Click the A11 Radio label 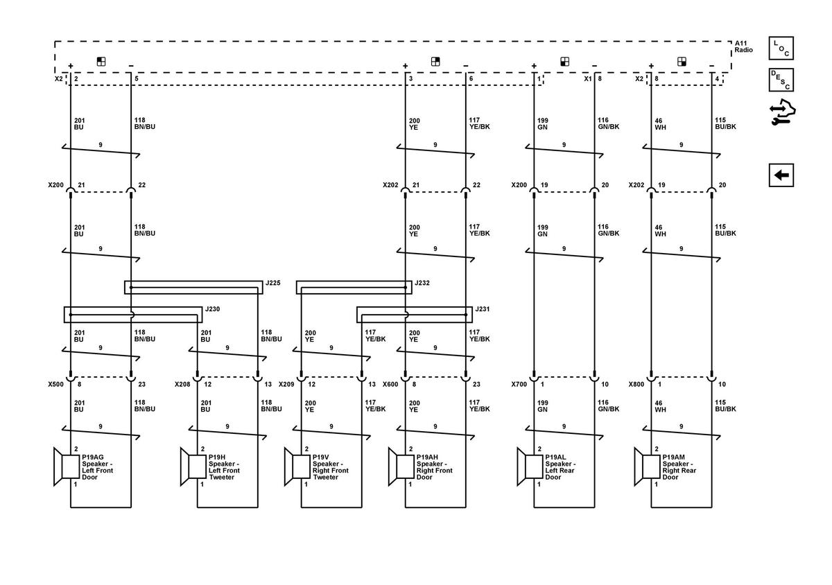coord(743,47)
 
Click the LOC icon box coord(781,49)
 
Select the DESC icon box coord(781,80)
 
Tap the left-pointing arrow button coord(781,175)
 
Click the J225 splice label coord(272,283)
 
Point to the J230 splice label coord(212,309)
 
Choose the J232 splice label coord(422,283)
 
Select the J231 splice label coord(482,309)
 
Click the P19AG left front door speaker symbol coord(67,466)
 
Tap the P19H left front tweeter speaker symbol coord(193,466)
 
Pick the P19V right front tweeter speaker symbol coord(297,466)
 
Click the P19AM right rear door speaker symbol coord(648,466)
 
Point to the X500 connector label coord(55,385)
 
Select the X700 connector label coord(519,385)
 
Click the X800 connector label coord(636,385)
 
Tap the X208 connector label coord(182,385)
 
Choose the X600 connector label coord(390,385)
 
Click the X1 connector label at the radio coord(588,79)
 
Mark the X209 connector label coord(286,385)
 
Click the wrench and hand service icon coord(783,112)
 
